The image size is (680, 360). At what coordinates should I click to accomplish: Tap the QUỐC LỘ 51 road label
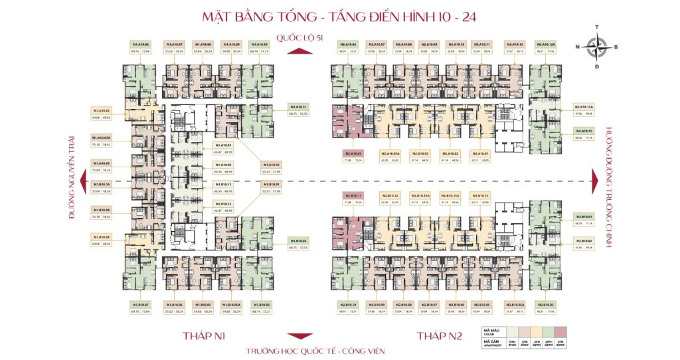tap(301, 39)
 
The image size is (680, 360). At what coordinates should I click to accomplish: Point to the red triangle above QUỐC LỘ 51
tap(301, 30)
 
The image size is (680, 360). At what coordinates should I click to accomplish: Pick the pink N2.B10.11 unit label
tap(353, 195)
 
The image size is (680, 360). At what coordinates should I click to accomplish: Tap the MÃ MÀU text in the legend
tap(492, 330)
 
